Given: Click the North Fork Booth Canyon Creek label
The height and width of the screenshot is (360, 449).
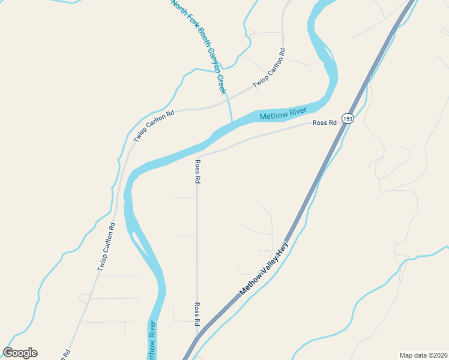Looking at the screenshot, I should click(199, 46).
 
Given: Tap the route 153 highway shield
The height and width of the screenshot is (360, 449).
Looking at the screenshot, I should click(348, 119).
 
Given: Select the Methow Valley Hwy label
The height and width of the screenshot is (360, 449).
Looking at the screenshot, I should click(264, 268).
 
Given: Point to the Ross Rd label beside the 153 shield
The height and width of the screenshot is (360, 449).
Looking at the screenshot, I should click(324, 123).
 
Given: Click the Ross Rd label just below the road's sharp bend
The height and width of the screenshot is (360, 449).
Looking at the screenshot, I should click(197, 171).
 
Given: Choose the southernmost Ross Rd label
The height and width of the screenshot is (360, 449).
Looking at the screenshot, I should click(196, 314).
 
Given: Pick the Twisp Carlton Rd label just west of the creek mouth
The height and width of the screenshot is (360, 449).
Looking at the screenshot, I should click(154, 126).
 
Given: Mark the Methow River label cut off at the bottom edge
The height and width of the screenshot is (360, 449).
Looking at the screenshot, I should click(152, 341).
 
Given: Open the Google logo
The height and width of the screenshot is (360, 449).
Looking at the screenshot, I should click(20, 353).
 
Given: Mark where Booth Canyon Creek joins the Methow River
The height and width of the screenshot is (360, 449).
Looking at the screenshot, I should click(232, 122).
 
